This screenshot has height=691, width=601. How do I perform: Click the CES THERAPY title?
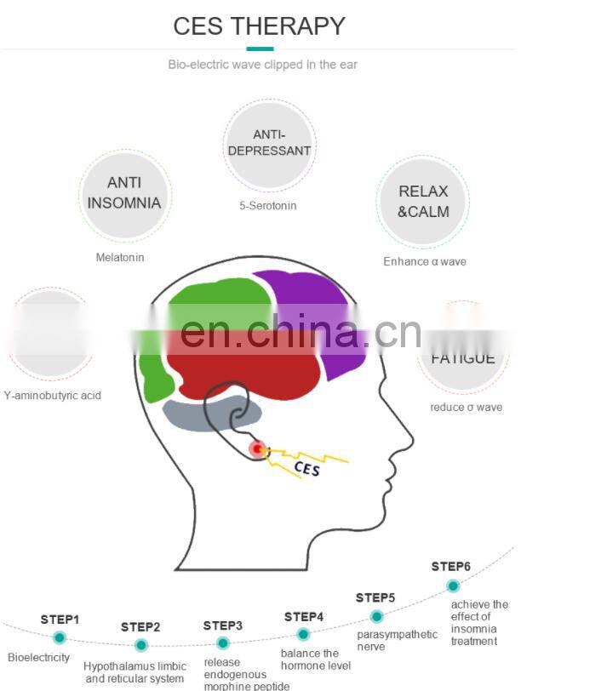[259, 26]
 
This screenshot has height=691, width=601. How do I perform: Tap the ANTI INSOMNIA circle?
[124, 193]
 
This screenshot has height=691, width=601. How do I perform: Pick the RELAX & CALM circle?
[422, 202]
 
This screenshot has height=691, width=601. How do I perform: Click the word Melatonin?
[120, 257]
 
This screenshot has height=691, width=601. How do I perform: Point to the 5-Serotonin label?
[267, 205]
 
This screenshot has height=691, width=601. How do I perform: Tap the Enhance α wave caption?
[424, 261]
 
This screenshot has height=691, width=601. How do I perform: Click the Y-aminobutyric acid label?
[52, 396]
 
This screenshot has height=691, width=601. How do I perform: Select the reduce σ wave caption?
[466, 407]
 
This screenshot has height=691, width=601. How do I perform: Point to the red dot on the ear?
[257, 448]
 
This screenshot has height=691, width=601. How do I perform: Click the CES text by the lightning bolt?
[306, 468]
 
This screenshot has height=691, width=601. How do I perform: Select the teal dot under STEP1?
[60, 637]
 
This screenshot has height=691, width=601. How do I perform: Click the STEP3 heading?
[223, 625]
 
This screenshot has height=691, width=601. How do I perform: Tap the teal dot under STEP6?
[453, 585]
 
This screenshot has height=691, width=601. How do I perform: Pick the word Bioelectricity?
[39, 658]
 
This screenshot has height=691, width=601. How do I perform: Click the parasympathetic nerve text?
[397, 640]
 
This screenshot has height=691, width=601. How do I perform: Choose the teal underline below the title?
[260, 49]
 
